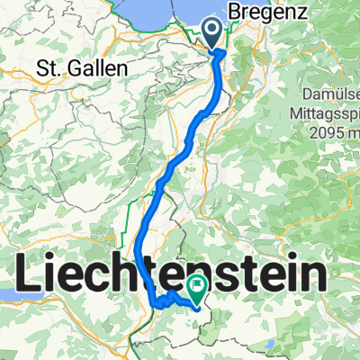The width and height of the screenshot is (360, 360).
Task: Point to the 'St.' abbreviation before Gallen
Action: (46, 68)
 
